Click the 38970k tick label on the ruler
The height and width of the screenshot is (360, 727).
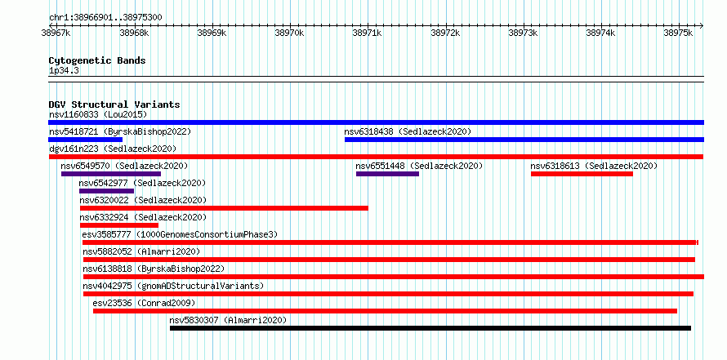pos(290,33)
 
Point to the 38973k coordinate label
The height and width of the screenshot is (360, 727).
pos(524,33)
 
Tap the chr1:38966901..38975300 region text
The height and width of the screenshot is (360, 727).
pos(105,18)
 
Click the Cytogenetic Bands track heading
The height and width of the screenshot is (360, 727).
pos(97,60)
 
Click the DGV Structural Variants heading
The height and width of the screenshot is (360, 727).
pos(114,104)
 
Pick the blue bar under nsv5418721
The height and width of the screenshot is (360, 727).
pos(85,140)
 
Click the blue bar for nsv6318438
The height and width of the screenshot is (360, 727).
pos(524,140)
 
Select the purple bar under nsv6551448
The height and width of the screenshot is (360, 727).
pos(388,174)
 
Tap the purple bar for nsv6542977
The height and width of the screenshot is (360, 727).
pos(107,191)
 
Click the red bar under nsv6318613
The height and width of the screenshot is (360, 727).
pos(582,174)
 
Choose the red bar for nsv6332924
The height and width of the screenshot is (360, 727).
pos(119,225)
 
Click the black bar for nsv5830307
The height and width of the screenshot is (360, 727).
pos(430,328)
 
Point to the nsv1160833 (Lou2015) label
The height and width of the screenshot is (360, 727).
pos(98,114)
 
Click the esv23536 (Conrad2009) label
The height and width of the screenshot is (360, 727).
pos(145,303)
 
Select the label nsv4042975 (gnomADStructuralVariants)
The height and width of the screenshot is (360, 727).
pos(173,286)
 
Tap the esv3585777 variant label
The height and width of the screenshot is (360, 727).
pos(107,234)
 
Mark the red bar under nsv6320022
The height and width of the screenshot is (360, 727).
pos(224,208)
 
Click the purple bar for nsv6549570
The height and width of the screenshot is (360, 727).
pos(111,174)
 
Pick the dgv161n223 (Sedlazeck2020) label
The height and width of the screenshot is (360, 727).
pos(113,149)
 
